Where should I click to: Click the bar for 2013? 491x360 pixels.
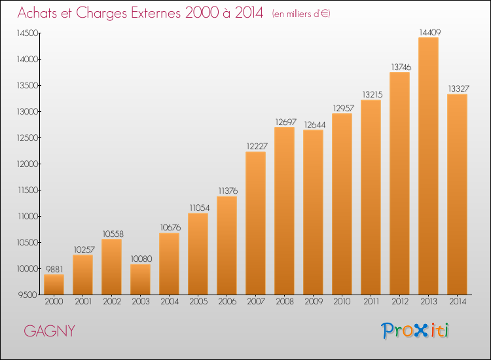pos(428,166)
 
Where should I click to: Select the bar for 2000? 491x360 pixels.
pos(54,285)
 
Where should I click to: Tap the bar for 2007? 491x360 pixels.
pos(255,223)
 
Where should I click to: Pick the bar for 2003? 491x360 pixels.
pos(140,279)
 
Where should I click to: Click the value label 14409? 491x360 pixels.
pos(429,32)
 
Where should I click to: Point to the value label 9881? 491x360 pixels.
pos(54,269)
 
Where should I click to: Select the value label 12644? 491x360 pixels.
pos(315,124)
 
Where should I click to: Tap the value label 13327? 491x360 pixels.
pos(458,88)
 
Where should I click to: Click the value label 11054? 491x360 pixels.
pos(200,207)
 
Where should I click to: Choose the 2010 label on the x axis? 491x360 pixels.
pos(342,302)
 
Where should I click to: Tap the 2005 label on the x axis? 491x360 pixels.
pos(198,302)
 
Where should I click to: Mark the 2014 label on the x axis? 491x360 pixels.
pos(458,302)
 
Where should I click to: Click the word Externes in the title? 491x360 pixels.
pos(156,12)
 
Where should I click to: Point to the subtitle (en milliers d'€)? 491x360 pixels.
pos(301,14)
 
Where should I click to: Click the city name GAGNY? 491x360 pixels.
pos(50,331)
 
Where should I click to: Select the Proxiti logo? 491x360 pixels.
pos(415,331)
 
